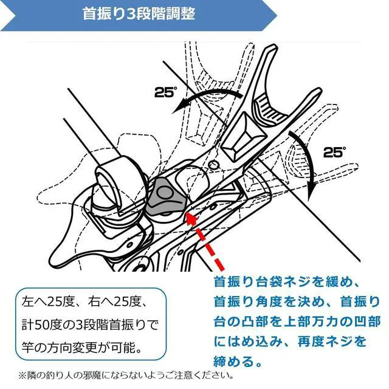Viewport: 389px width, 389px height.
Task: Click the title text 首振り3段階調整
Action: point(139,14)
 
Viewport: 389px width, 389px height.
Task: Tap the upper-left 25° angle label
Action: point(165,92)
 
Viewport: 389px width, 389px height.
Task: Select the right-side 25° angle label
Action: point(334,152)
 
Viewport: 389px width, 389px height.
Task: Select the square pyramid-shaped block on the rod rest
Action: point(244,137)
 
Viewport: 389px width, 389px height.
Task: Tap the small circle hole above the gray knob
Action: point(213,164)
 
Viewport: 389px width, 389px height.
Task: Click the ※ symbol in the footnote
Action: point(22,376)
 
